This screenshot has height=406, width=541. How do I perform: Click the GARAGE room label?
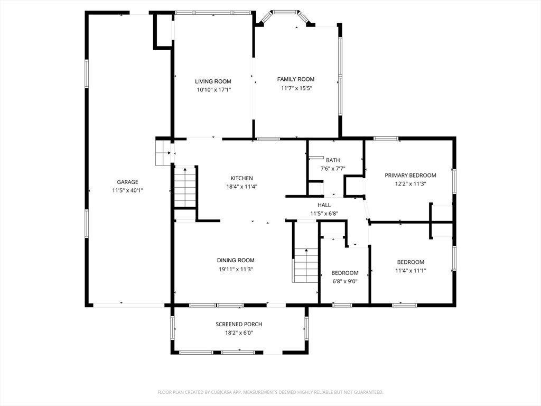(x=127, y=182)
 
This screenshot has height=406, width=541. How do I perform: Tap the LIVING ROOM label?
(x=213, y=81)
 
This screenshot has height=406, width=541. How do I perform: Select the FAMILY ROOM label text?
(x=296, y=79)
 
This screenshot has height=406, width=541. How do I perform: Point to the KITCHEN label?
(x=241, y=178)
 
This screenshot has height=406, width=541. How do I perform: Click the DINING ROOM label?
(x=236, y=260)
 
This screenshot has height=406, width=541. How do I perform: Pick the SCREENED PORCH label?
(x=239, y=324)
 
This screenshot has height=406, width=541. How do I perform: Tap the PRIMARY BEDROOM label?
(x=411, y=176)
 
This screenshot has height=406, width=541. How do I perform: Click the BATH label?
(x=333, y=160)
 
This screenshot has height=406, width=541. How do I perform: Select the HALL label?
(x=324, y=205)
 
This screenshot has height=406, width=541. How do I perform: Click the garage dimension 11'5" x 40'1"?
(x=127, y=190)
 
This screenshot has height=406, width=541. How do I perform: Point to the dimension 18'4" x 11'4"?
(x=241, y=187)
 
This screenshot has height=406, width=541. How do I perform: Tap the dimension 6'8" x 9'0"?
(x=344, y=281)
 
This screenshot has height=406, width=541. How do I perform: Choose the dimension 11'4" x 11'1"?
(x=411, y=270)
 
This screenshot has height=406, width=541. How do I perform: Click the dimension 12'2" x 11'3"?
(x=411, y=183)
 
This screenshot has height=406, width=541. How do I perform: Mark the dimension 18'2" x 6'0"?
(x=239, y=333)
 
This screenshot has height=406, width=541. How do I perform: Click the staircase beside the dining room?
(x=306, y=265)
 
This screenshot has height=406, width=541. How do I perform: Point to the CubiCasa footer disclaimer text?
(x=270, y=392)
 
